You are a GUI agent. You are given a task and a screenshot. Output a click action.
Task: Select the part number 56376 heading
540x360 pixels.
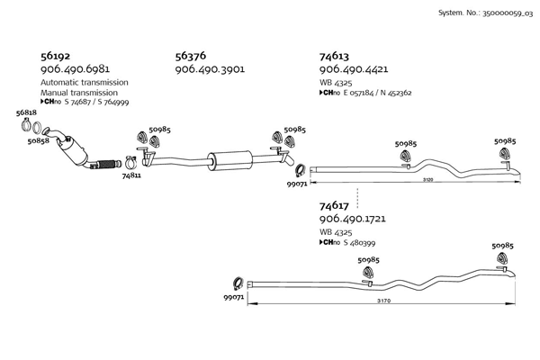190,54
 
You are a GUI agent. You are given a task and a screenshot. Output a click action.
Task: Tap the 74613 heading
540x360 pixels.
335,54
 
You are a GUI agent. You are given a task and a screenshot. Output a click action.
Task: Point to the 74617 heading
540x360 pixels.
334,205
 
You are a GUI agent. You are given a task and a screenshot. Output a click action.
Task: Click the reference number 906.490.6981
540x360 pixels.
76,68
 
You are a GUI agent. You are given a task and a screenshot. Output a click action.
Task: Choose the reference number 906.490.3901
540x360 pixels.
210,68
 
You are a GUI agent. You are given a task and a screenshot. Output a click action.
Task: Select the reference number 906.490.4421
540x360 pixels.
354,68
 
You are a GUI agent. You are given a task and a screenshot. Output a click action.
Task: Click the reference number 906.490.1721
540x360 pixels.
354,220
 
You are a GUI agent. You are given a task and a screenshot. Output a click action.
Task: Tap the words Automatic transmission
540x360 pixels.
85,82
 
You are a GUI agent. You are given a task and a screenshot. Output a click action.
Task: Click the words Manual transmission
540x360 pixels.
78,93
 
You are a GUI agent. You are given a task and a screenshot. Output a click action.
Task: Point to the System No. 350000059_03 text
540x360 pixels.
485,13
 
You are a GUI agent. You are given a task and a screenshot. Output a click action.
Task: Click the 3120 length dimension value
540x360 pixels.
427,179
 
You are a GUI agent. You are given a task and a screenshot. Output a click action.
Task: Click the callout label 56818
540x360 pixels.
26,113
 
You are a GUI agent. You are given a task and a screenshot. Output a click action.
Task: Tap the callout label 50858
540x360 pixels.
38,141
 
